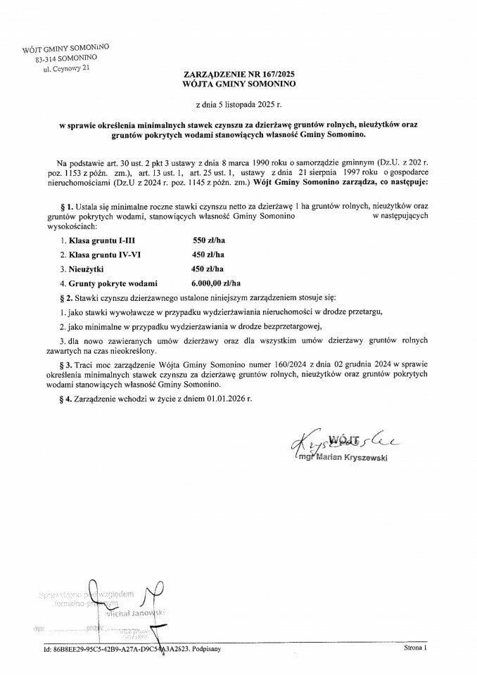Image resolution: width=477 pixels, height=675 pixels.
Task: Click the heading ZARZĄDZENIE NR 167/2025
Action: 238,73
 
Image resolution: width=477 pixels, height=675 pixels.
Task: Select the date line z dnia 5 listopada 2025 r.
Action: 238,103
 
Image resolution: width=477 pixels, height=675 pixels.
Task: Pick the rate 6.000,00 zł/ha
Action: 217,283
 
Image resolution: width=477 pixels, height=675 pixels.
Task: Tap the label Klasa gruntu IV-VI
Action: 90,255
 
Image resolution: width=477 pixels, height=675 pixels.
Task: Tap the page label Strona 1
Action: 416,648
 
